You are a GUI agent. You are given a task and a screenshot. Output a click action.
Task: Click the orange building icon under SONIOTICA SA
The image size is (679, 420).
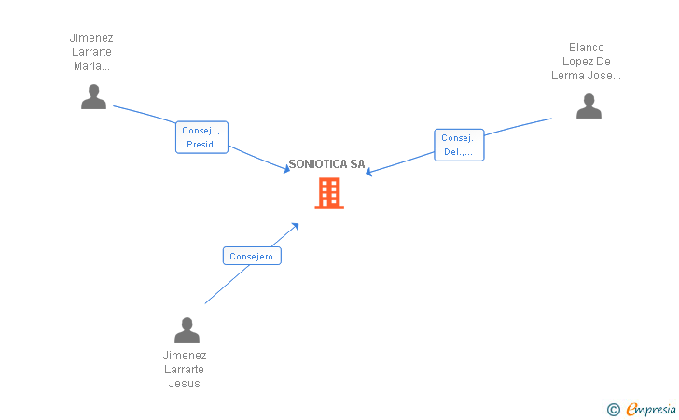(329, 193)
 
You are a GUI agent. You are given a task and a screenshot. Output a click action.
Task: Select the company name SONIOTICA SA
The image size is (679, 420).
(326, 164)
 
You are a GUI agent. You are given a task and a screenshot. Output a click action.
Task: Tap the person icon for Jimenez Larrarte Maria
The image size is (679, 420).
(93, 97)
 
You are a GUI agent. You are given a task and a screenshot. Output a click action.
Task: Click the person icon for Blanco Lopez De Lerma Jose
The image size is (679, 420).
(589, 105)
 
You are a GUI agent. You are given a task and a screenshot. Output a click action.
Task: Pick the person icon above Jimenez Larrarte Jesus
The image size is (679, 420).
(187, 329)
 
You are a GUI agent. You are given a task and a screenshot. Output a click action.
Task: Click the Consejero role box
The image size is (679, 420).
(252, 256)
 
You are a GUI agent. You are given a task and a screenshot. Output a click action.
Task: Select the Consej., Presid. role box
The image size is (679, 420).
(201, 137)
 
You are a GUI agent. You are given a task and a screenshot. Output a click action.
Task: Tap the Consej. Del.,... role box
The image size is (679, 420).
(459, 145)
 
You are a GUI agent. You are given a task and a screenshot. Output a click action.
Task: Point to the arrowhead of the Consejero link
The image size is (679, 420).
(296, 226)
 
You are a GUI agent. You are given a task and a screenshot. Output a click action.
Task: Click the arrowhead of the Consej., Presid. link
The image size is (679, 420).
(286, 169)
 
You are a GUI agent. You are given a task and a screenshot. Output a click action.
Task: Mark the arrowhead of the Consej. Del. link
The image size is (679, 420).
(368, 172)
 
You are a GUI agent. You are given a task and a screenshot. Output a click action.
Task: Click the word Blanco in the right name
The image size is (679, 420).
(587, 48)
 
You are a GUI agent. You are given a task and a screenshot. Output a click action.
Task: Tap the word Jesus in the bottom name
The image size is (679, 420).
(184, 384)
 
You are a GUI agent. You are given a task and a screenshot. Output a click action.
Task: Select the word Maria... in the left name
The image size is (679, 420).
(91, 66)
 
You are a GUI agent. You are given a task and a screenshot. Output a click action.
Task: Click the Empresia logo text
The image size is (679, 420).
(651, 409)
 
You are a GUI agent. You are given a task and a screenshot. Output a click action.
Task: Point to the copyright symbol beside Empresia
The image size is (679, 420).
(613, 410)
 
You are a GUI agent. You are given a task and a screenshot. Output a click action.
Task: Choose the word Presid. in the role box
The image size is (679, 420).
(201, 145)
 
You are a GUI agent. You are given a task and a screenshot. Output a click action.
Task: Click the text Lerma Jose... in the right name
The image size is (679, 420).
(586, 76)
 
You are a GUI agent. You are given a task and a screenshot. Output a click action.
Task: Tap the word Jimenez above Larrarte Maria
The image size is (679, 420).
(91, 38)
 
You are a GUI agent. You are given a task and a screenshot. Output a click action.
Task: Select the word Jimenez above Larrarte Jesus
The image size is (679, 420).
(185, 356)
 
